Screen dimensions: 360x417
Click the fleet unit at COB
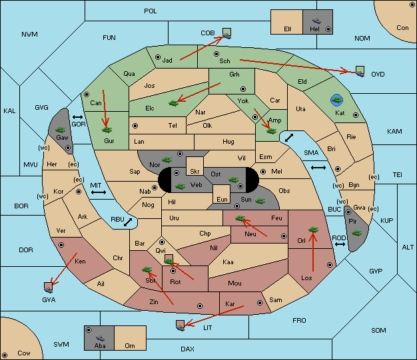(226, 32)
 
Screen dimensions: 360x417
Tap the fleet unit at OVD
(360, 70)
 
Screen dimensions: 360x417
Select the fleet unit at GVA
(48, 286)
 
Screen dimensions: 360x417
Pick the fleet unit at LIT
(179, 325)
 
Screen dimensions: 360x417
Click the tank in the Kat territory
(337, 100)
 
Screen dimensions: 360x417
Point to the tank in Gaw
(60, 128)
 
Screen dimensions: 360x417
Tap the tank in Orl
(313, 230)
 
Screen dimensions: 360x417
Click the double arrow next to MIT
(99, 192)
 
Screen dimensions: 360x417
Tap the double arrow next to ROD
(340, 245)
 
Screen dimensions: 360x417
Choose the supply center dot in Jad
(158, 58)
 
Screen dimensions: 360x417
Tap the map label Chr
(117, 258)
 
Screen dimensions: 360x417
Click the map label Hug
(228, 142)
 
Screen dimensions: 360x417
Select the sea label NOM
(362, 39)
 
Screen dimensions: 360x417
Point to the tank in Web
(179, 186)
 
